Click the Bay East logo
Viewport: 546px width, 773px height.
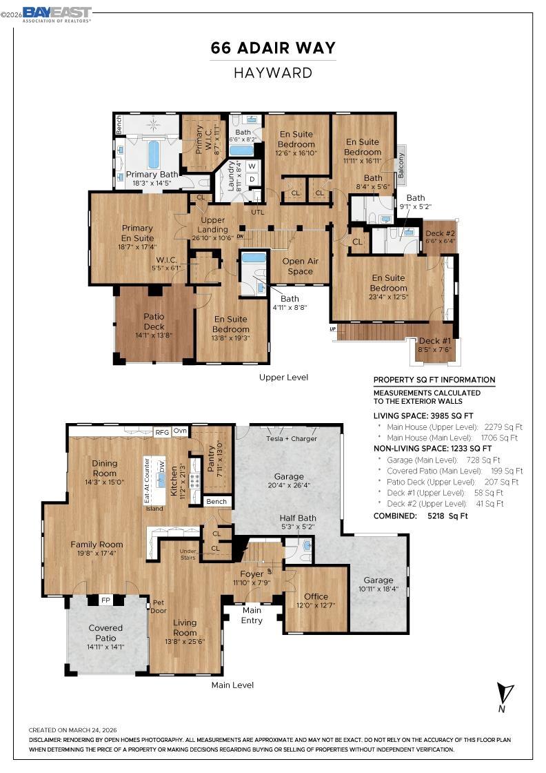point(57,14)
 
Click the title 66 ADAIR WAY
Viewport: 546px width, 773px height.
point(273,48)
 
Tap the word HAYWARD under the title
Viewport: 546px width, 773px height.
point(273,72)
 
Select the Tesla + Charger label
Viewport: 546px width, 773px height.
point(292,438)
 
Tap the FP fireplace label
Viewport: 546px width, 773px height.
point(106,600)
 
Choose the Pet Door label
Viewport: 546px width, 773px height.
point(159,606)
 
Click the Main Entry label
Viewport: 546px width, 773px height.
point(252,615)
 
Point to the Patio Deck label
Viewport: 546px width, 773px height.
point(154,321)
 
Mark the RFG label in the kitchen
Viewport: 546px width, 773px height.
point(162,432)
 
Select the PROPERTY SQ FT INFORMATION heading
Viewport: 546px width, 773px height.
point(434,380)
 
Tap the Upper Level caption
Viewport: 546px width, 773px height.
point(283,377)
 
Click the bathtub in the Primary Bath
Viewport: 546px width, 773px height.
point(153,155)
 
